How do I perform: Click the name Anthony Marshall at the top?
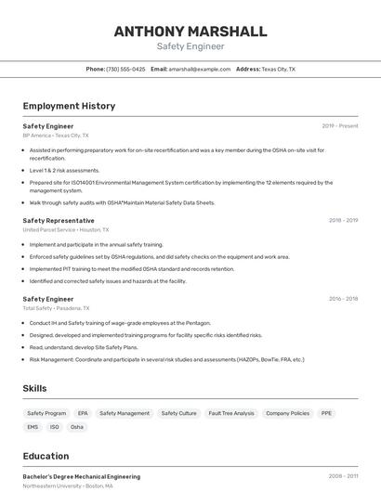pos(190,31)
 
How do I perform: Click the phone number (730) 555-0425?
pos(125,69)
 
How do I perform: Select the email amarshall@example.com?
pos(199,69)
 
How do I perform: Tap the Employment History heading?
pos(69,106)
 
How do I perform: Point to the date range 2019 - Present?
pos(340,125)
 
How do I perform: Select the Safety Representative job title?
pos(59,220)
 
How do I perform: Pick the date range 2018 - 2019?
pos(343,220)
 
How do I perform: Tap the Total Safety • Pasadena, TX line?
pos(56,308)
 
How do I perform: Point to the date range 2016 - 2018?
pos(343,299)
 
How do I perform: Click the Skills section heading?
pos(35,388)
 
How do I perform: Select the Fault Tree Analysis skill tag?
pos(231,413)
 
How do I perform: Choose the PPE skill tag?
pos(326,413)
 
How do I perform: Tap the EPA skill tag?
pos(83,413)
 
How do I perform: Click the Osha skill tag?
pos(77,427)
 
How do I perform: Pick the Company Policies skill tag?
pos(287,413)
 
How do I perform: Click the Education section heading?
pos(46,456)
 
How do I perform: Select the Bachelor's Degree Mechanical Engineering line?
pos(82,476)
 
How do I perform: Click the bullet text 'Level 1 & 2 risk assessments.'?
pos(64,170)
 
